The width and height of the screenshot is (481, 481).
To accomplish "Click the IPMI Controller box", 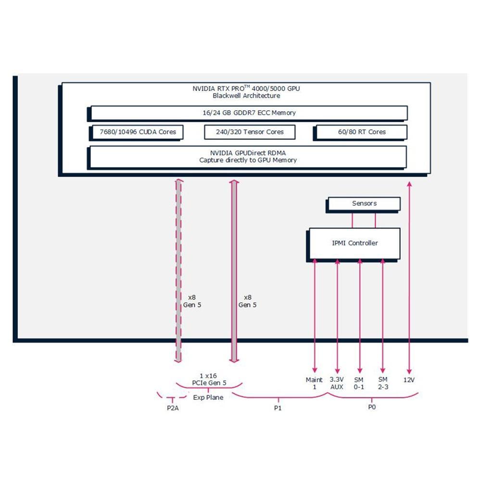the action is tap(354, 243).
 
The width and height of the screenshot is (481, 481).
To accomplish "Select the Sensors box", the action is tap(364, 203).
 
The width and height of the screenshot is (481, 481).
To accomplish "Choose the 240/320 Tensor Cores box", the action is tap(250, 132).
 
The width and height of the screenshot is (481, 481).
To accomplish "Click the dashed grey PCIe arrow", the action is tap(178, 270).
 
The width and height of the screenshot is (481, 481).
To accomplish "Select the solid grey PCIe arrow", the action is tap(234, 271).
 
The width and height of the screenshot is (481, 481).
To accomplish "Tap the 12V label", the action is tap(409, 380).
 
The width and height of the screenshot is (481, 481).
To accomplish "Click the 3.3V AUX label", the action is tap(337, 383).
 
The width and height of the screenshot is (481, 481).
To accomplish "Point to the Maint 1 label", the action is tap(314, 383).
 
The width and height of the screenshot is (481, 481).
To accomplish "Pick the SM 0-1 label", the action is tap(359, 383).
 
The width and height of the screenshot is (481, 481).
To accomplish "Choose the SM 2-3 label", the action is tap(383, 383).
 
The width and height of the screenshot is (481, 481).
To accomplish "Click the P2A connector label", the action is tap(173, 408).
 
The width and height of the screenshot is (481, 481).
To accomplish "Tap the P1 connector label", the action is tap(278, 408).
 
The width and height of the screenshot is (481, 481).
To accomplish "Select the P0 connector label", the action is tap(372, 407).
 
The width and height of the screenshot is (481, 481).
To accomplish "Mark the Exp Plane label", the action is tap(208, 398).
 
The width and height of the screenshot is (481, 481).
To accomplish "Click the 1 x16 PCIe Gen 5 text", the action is tap(209, 380).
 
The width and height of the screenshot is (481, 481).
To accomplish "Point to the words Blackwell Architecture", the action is tap(246, 96).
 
